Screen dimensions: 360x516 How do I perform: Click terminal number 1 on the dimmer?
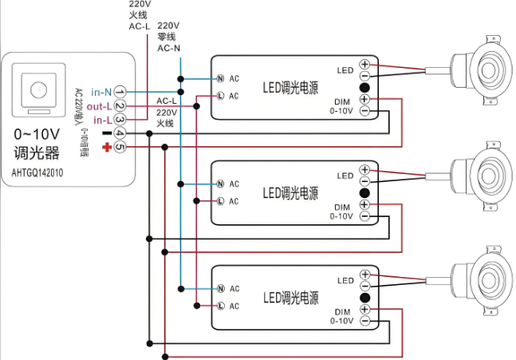[120, 92]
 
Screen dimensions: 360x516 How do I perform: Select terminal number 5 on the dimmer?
[120, 147]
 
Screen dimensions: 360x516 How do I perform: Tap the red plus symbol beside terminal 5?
[106, 148]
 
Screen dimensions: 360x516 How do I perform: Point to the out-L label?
[99, 106]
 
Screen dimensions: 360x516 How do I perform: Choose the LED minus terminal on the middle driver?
[364, 180]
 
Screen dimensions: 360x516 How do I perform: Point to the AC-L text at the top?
[140, 26]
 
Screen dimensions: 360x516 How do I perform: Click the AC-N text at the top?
[168, 48]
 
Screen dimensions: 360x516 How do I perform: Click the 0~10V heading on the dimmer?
[37, 133]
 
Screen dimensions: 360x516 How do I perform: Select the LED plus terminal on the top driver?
[364, 65]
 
